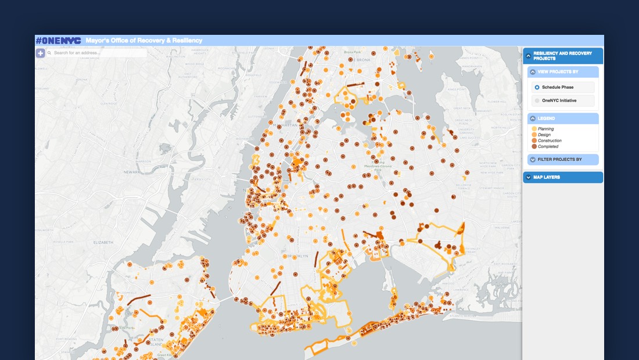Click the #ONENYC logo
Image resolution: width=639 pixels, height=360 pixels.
(58, 41)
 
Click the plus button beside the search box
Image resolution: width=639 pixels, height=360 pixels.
(40, 53)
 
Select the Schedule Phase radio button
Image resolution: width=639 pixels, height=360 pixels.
(537, 87)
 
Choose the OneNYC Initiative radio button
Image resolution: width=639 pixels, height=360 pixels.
(537, 100)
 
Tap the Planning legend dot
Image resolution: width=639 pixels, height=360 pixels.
(534, 129)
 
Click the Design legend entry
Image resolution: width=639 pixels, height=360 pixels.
(544, 135)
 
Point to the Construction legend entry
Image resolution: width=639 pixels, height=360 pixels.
(549, 141)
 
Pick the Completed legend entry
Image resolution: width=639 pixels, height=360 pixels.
(547, 146)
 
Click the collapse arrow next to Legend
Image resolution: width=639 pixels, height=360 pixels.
(533, 118)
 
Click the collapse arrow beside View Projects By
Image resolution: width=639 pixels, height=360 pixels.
(533, 72)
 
